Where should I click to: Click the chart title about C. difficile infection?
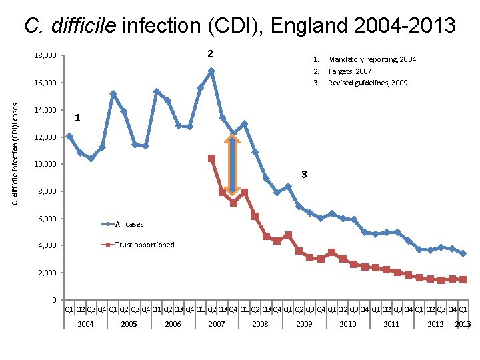(240, 25)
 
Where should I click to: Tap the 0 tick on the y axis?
(53, 300)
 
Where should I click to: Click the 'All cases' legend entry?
(129, 224)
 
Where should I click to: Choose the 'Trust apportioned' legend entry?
(144, 245)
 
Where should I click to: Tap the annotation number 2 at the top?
(210, 53)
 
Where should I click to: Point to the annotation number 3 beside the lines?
(304, 175)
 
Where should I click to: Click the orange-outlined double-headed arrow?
(232, 164)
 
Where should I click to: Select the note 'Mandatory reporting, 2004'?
(371, 59)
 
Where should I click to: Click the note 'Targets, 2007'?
(349, 71)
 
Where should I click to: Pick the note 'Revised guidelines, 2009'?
(367, 83)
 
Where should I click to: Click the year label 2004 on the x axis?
(85, 324)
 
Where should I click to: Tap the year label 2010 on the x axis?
(348, 324)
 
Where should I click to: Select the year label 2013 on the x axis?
(463, 324)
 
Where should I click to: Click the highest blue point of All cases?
(211, 71)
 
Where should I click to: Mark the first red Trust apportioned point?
(211, 158)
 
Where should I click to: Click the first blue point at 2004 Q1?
(69, 136)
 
